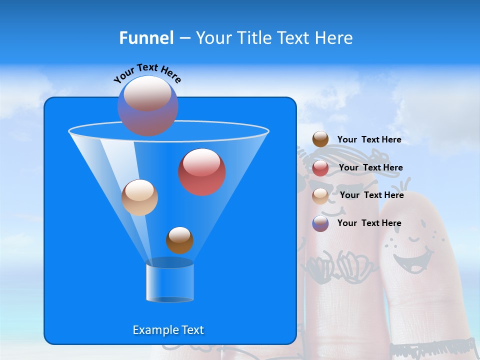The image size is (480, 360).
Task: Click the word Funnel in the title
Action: (146, 38)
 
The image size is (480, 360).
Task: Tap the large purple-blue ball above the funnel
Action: (148, 106)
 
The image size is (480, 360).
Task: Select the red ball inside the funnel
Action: (202, 172)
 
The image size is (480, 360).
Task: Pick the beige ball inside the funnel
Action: (139, 197)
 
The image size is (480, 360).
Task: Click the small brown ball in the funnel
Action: (179, 240)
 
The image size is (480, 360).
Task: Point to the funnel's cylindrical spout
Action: (169, 282)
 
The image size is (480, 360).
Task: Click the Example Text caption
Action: (168, 330)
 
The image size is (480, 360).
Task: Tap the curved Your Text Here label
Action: (147, 73)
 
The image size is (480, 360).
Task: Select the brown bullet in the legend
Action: (320, 139)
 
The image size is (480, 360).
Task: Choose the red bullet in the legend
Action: (320, 168)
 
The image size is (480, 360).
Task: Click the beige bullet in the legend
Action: (320, 196)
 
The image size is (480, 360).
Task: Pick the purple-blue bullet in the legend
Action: (320, 223)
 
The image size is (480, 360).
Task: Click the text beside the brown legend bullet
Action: (369, 139)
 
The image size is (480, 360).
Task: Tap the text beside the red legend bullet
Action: (370, 167)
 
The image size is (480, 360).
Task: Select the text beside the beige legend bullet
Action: (371, 195)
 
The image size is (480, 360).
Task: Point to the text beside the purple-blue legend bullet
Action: (369, 223)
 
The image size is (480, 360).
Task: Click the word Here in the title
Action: (334, 38)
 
